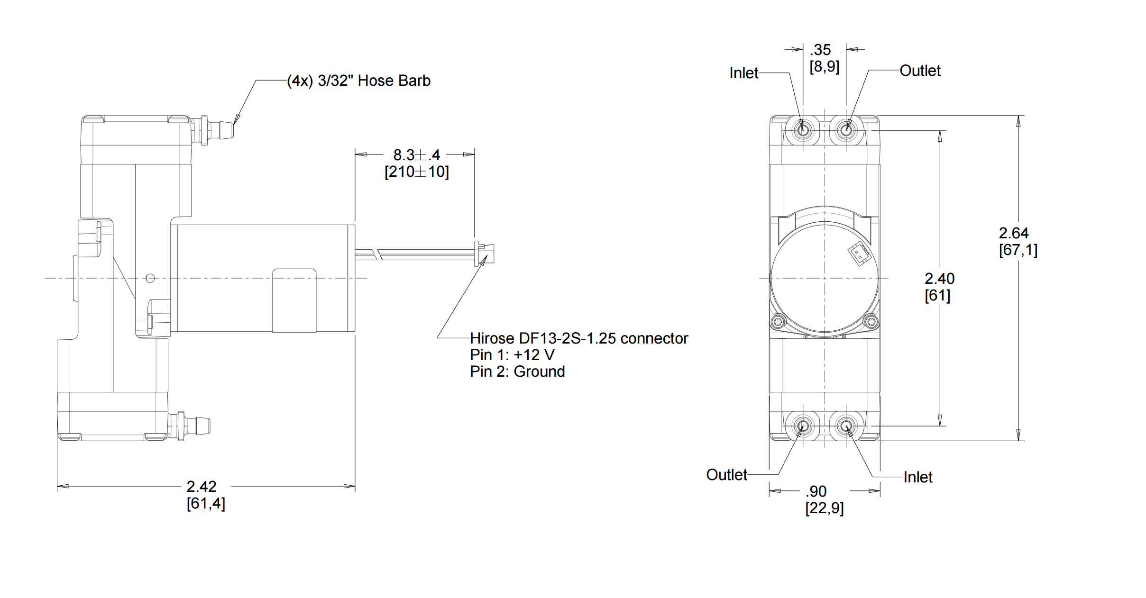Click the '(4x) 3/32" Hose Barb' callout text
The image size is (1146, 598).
359,81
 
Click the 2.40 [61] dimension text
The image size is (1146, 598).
939,287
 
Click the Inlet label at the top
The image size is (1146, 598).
743,73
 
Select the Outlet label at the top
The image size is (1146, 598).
920,71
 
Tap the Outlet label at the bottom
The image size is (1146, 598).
726,475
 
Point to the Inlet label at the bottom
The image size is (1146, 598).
918,477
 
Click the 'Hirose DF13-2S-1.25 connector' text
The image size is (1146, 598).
579,338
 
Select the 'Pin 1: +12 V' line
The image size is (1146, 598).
512,355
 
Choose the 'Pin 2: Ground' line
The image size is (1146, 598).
517,371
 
